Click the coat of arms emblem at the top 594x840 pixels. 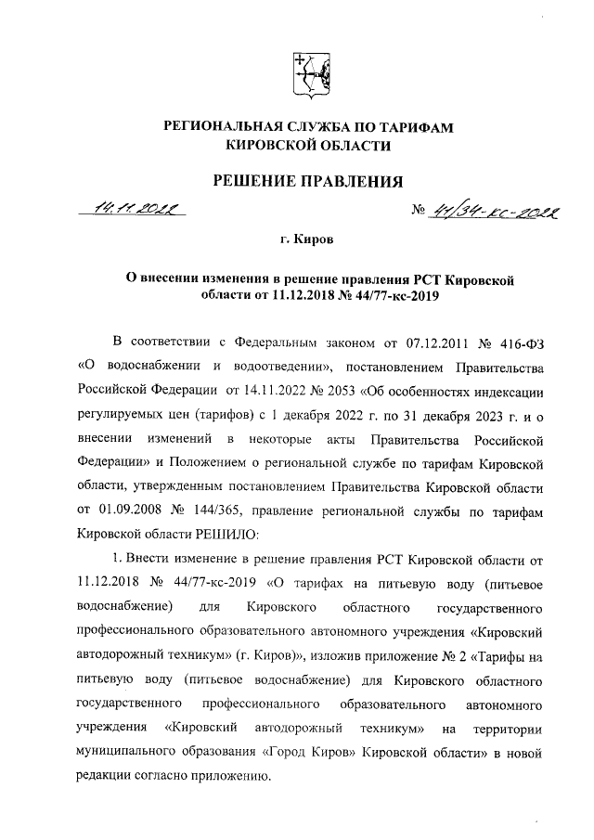tap(308, 75)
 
